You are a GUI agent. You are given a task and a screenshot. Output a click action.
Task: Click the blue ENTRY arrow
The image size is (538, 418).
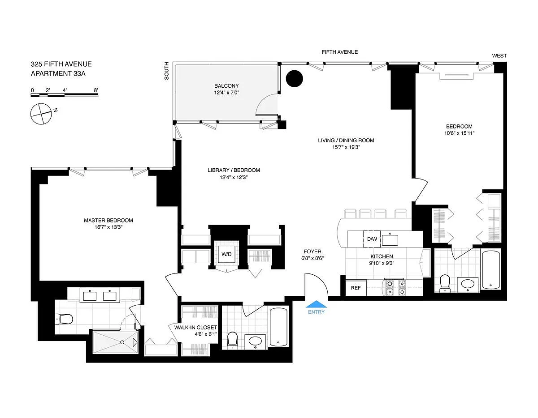316,304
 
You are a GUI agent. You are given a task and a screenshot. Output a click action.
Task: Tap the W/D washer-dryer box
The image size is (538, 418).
226,254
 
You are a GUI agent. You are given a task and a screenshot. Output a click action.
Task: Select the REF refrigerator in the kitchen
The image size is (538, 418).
356,288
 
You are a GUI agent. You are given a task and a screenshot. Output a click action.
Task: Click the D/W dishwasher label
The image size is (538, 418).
372,239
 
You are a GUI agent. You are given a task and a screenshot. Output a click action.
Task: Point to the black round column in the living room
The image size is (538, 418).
295,79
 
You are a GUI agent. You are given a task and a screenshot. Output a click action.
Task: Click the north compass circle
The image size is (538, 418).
41,114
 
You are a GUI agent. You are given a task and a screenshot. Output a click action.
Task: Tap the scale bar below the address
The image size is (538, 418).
65,95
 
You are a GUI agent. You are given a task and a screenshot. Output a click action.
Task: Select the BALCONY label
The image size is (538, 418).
226,86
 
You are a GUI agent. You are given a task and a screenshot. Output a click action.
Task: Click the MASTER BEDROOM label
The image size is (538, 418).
108,220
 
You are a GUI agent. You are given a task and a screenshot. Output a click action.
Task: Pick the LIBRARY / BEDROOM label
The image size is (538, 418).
234,170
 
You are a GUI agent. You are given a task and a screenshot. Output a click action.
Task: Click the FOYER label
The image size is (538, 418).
312,251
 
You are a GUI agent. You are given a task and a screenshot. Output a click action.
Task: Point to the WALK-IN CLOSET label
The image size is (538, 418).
195,327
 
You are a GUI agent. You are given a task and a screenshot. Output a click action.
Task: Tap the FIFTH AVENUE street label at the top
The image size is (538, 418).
340,52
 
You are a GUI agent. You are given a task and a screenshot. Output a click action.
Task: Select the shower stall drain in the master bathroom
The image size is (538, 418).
122,342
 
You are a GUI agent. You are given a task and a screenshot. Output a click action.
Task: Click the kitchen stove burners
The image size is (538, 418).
395,288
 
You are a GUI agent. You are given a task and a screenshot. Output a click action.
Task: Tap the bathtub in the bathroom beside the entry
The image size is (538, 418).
278,327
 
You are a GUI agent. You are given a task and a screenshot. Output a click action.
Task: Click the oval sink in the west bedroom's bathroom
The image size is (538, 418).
468,284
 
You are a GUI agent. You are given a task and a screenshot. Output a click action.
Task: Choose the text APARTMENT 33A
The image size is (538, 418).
58,73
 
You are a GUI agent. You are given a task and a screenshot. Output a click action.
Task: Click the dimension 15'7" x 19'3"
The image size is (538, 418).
346,147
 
